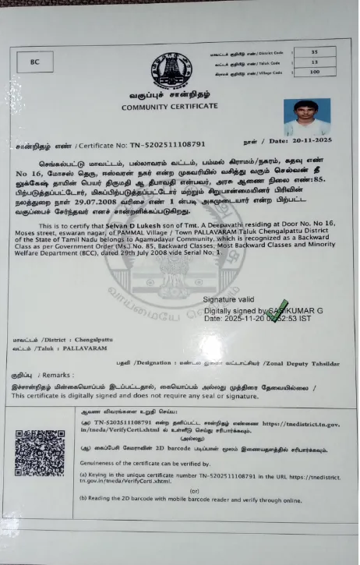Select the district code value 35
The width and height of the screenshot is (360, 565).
coord(314,51)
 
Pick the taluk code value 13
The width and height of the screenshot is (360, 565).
coord(314,62)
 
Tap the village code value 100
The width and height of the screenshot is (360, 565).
coord(314,72)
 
